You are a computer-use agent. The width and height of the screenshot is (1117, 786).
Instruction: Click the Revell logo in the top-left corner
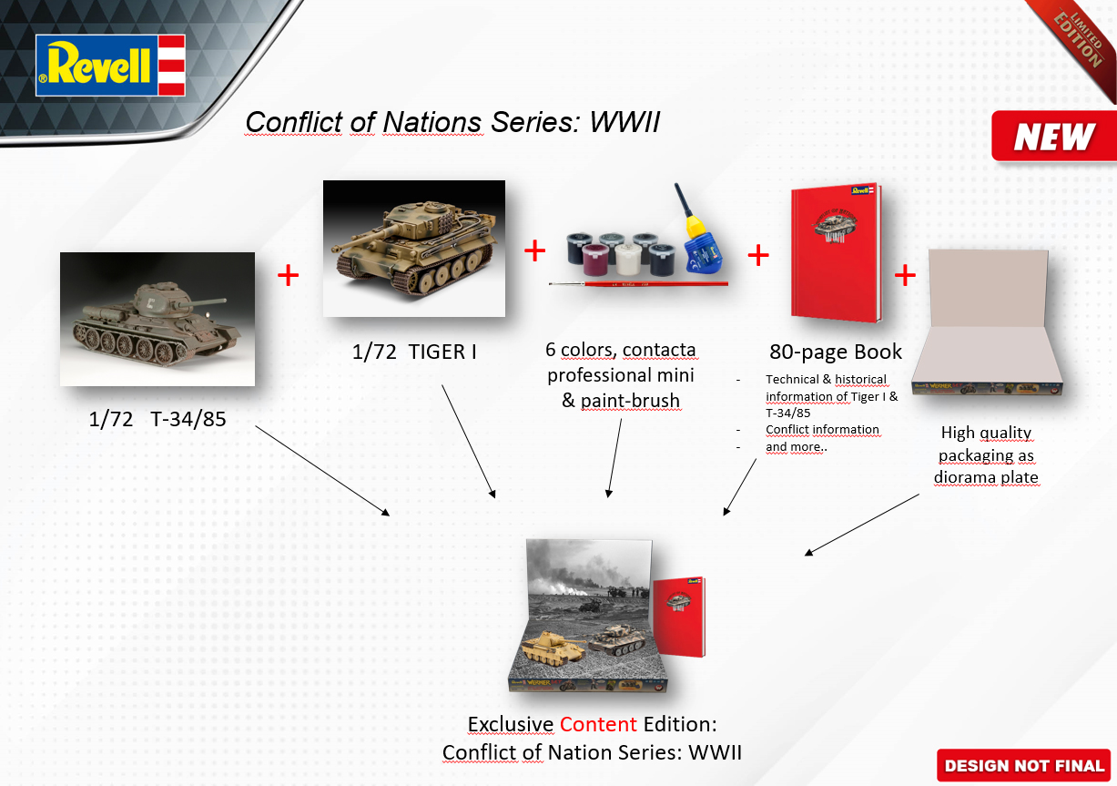[x=110, y=65]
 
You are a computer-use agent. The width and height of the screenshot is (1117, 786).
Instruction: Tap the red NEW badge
[x=1053, y=138]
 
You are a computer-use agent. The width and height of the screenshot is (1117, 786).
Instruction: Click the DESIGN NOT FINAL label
[x=1024, y=766]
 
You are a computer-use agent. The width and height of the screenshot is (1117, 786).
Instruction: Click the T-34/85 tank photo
[x=157, y=319]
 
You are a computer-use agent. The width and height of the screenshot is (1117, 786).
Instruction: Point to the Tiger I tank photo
[x=413, y=248]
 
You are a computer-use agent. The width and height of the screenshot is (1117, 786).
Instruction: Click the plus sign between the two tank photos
[x=288, y=275]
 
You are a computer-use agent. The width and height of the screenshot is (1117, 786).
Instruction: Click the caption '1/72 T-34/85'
[x=157, y=420]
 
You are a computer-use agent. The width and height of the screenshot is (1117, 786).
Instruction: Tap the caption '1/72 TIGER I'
[x=414, y=352]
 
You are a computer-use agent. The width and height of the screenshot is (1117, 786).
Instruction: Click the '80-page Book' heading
[x=836, y=352]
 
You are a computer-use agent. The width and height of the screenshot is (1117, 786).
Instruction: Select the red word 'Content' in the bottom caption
[x=598, y=724]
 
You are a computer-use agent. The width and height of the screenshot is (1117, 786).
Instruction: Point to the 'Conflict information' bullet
[x=822, y=429]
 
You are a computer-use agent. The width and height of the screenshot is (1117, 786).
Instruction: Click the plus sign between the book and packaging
[x=905, y=275]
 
